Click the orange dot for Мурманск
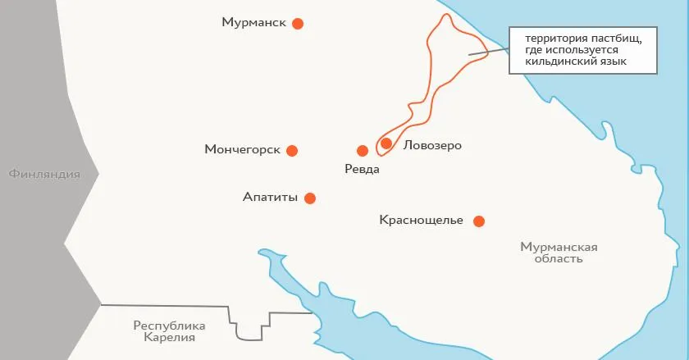pyautogui.click(x=298, y=24)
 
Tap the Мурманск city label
pyautogui.click(x=253, y=23)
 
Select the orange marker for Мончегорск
pyautogui.click(x=292, y=150)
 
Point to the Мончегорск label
pyautogui.click(x=243, y=150)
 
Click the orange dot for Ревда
pyautogui.click(x=363, y=151)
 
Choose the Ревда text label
pyautogui.click(x=363, y=169)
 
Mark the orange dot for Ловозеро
pyautogui.click(x=386, y=144)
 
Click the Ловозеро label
pyautogui.click(x=433, y=146)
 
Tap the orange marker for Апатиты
pyautogui.click(x=310, y=198)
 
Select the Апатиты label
pyautogui.click(x=270, y=197)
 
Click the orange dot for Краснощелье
pyautogui.click(x=479, y=221)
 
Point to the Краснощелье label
pyautogui.click(x=422, y=220)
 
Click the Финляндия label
pyautogui.click(x=44, y=174)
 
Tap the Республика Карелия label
pyautogui.click(x=169, y=330)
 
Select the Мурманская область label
pyautogui.click(x=559, y=253)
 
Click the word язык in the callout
pyautogui.click(x=614, y=62)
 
